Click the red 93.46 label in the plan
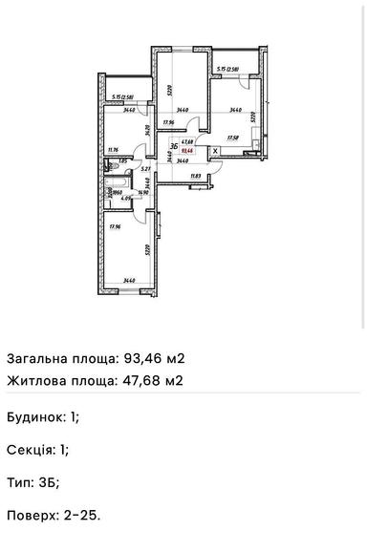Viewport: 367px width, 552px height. coord(190,151)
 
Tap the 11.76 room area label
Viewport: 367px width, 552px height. coord(113,149)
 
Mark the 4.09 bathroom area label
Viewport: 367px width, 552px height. coord(127,200)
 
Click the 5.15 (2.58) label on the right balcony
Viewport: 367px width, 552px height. coord(230,68)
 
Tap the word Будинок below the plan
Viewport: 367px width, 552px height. coord(35,417)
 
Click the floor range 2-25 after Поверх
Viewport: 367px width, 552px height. coord(84,515)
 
